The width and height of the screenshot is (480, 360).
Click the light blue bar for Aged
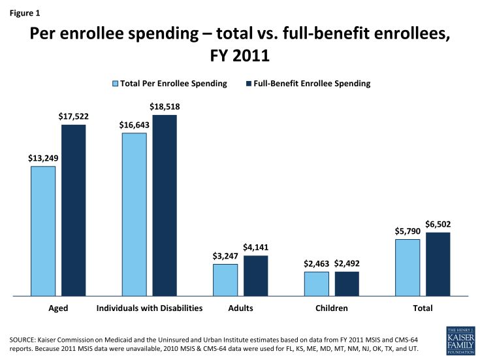(43, 231)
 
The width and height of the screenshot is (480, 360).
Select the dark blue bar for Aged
(74, 210)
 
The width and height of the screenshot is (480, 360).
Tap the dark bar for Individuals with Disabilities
(165, 205)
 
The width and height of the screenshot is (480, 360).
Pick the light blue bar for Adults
(225, 280)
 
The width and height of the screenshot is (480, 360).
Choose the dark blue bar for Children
(347, 284)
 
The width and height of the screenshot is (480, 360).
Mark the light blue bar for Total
(408, 267)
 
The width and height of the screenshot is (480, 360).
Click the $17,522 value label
(74, 116)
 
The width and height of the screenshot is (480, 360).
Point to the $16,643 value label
(134, 125)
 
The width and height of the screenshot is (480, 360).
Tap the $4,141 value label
(256, 248)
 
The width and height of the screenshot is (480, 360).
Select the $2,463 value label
(317, 264)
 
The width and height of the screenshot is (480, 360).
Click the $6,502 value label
(438, 224)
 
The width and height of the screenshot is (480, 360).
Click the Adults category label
(241, 308)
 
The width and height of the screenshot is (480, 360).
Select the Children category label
(332, 308)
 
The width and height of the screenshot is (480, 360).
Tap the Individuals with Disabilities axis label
(150, 308)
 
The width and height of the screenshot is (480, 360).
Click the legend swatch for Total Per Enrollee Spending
(116, 84)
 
